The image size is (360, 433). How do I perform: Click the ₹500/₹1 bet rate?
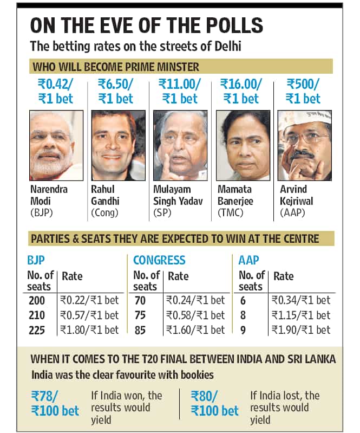[x=303, y=92]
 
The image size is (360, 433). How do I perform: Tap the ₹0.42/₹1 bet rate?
[x=55, y=92]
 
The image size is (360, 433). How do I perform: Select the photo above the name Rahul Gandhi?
[x=119, y=146]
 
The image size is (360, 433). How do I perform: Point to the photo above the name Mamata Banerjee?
[x=243, y=146]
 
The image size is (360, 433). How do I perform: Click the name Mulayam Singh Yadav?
[x=178, y=195]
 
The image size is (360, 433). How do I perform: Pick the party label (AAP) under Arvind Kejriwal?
[x=292, y=212]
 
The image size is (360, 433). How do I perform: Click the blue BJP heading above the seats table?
[x=36, y=260]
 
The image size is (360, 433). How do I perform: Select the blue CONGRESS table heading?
[x=159, y=260]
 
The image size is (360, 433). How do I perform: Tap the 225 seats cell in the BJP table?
[x=37, y=330]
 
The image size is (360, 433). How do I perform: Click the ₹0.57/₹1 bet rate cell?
[x=89, y=315]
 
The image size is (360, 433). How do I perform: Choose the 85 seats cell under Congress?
[x=140, y=330]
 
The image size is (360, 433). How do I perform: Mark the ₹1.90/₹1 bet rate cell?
[x=301, y=330]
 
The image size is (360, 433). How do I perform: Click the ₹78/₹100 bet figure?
[x=55, y=403]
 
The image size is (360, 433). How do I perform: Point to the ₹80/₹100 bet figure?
[x=214, y=403]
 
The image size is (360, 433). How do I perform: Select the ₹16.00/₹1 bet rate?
[x=241, y=92]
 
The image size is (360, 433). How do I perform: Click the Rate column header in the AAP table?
[x=284, y=276]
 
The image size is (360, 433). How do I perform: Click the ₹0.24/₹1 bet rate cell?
[x=195, y=300]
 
